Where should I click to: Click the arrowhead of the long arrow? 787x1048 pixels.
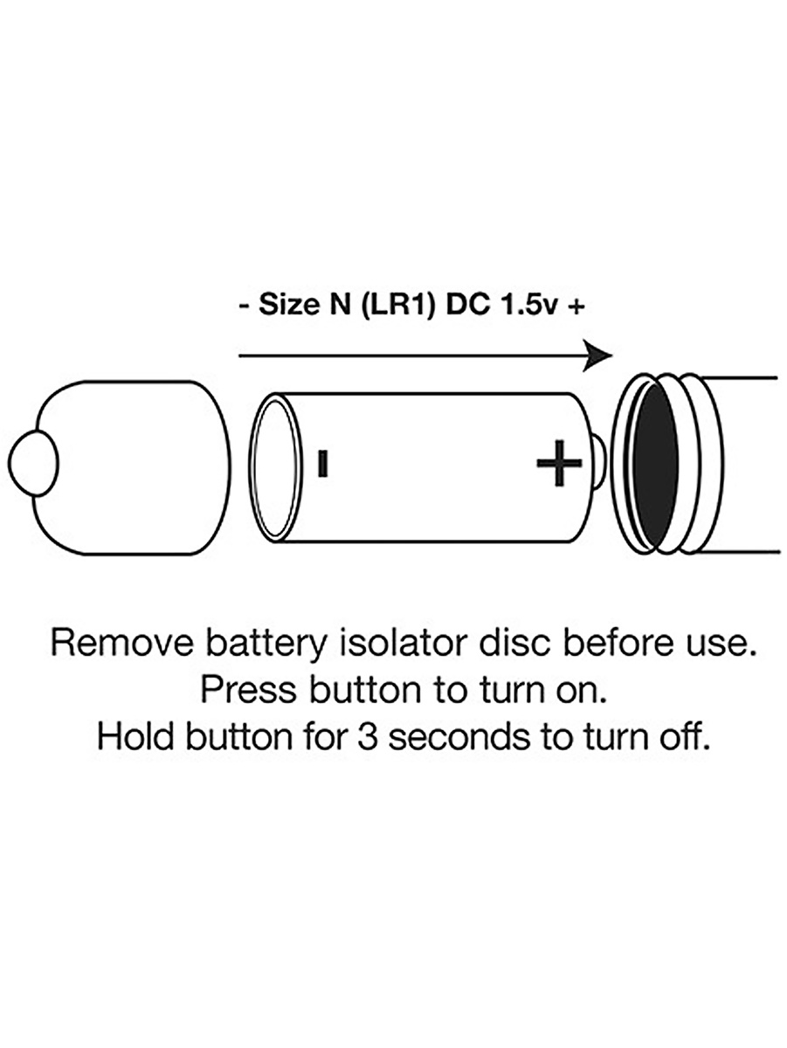[x=597, y=355]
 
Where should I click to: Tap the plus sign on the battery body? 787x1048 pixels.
[x=559, y=463]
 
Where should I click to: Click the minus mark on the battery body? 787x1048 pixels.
[x=323, y=464]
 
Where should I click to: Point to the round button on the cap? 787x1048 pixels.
[x=33, y=463]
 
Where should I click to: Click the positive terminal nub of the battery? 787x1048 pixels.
[x=600, y=463]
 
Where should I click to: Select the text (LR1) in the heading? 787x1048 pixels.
[x=397, y=306]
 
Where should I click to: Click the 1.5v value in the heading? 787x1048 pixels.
[x=528, y=306]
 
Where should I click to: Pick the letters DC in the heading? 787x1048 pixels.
[x=467, y=306]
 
